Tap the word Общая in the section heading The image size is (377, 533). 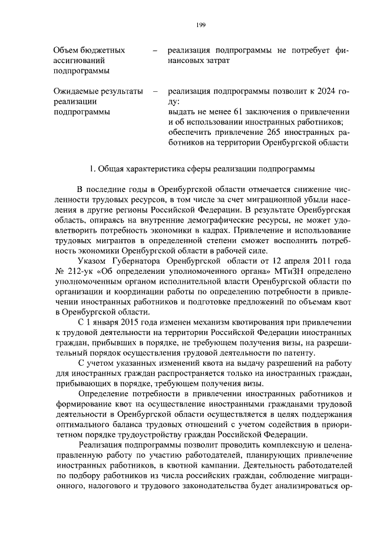(x=109, y=170)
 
